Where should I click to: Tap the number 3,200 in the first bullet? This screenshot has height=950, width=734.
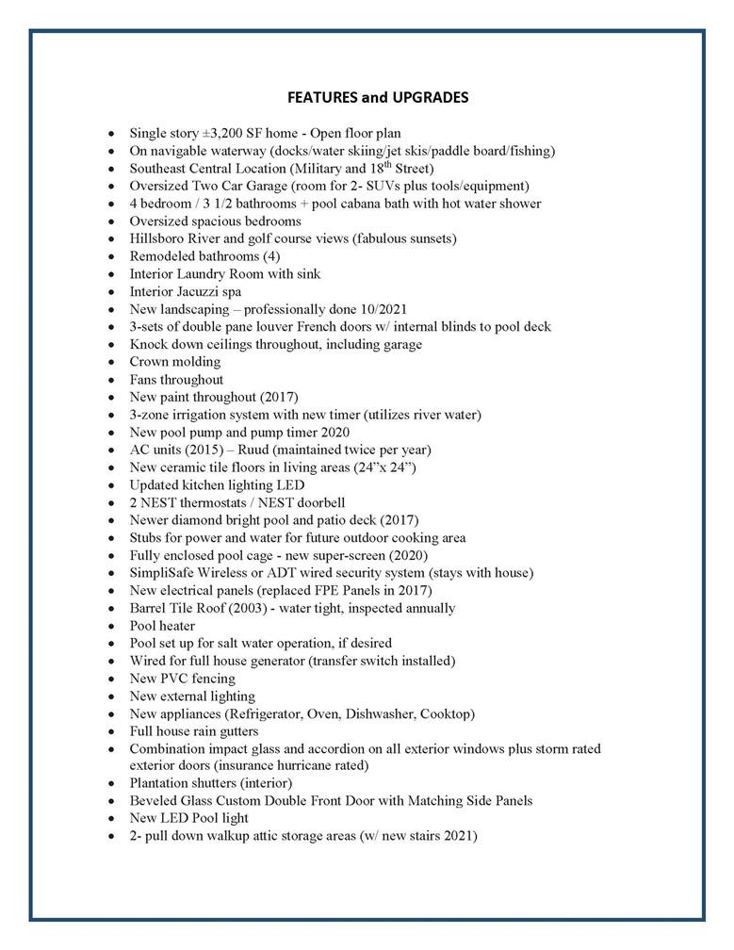[x=225, y=134]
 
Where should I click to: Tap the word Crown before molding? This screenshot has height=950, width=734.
[x=150, y=362]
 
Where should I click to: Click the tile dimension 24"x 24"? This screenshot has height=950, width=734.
[x=383, y=467]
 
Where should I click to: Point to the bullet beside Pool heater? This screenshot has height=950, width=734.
[x=112, y=627]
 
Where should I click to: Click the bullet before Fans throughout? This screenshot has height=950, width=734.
[x=112, y=380]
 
